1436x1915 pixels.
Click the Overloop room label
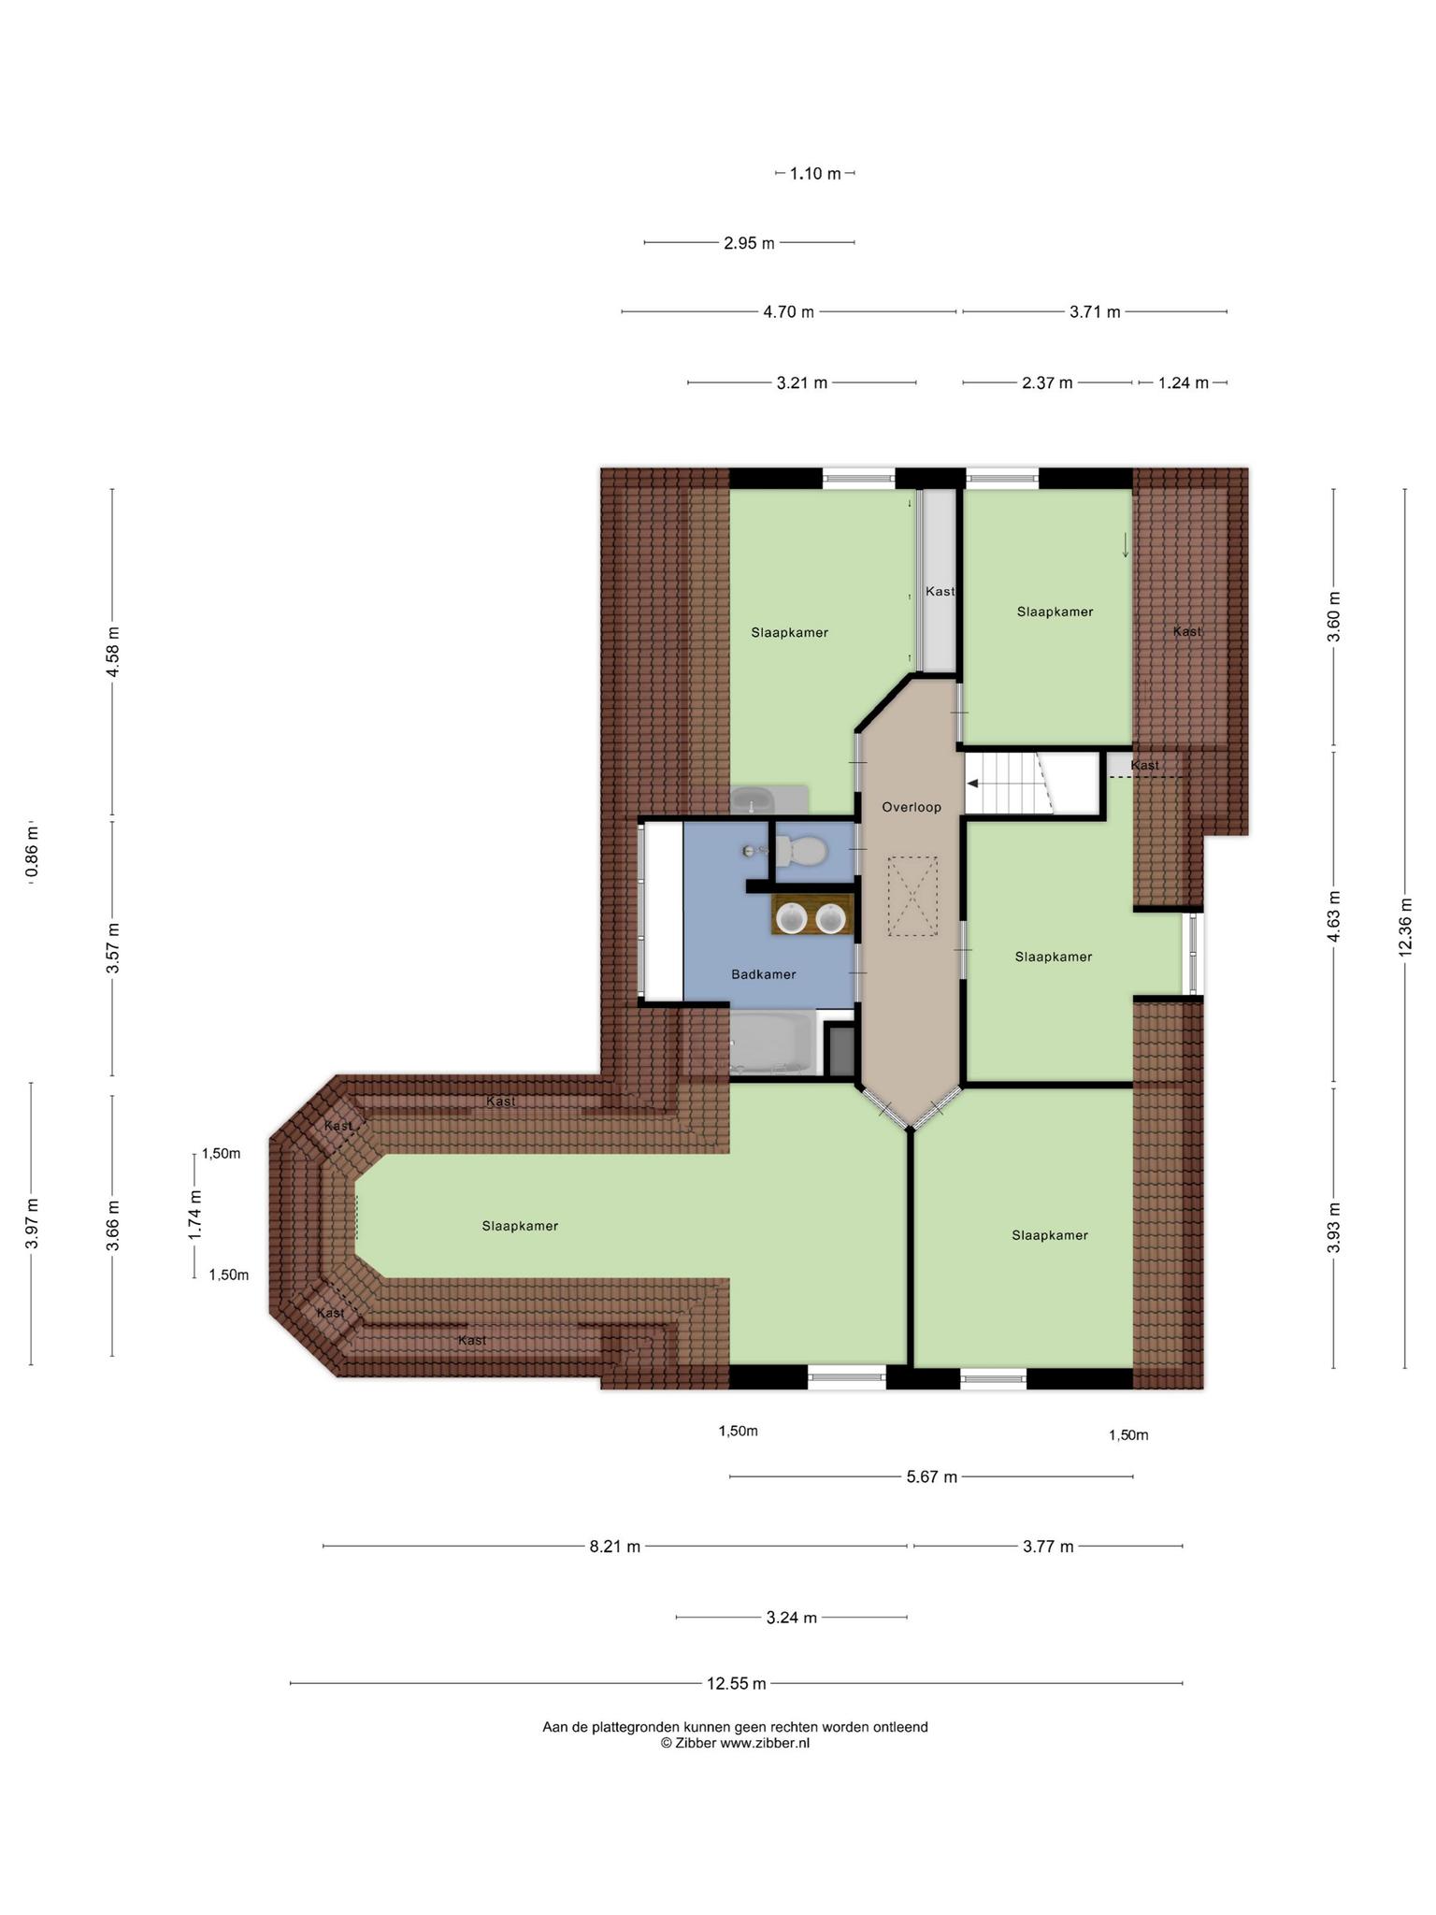[x=912, y=807]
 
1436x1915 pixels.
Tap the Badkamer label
[x=764, y=974]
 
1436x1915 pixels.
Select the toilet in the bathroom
[x=795, y=851]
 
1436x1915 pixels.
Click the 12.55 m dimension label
[x=737, y=1683]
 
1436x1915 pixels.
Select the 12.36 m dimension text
[x=1405, y=928]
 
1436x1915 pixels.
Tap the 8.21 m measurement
[x=615, y=1547]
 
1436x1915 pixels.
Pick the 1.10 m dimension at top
[x=815, y=173]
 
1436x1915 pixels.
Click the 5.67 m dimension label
[x=932, y=1477]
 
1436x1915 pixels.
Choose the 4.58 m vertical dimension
[x=113, y=652]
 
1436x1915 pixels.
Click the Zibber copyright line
[x=736, y=1743]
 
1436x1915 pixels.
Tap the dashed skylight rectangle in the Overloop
[x=912, y=897]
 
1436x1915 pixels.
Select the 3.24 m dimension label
[x=792, y=1617]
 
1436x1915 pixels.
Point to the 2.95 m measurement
[x=750, y=243]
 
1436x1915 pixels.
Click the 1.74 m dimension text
[x=195, y=1216]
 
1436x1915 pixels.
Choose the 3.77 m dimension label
[x=1048, y=1547]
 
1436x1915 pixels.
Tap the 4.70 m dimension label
[x=789, y=312]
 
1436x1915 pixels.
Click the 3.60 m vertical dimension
[x=1334, y=617]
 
